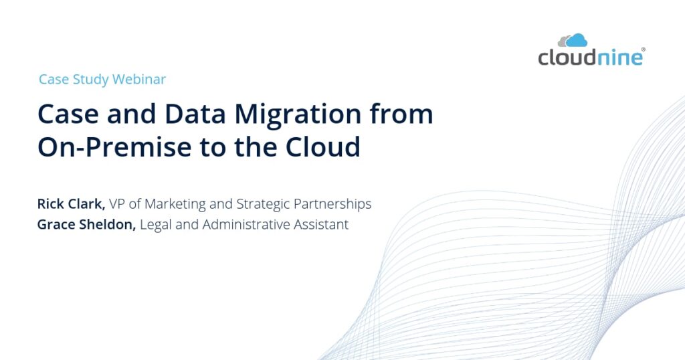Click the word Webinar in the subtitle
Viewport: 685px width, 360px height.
coord(139,79)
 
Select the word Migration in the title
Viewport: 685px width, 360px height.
coord(298,115)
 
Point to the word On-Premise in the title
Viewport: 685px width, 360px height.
coord(115,147)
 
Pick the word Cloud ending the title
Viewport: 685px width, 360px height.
coord(323,147)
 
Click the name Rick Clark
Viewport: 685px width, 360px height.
coord(71,203)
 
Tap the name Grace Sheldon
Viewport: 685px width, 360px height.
coord(86,225)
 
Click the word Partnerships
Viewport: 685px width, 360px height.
coord(332,205)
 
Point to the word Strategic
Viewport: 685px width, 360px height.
coord(263,205)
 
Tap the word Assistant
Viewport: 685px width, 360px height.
coord(321,225)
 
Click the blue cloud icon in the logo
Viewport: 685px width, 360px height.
coord(577,41)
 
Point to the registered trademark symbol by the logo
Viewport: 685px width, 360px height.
coord(643,50)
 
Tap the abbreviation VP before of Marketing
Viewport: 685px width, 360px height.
coord(116,204)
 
